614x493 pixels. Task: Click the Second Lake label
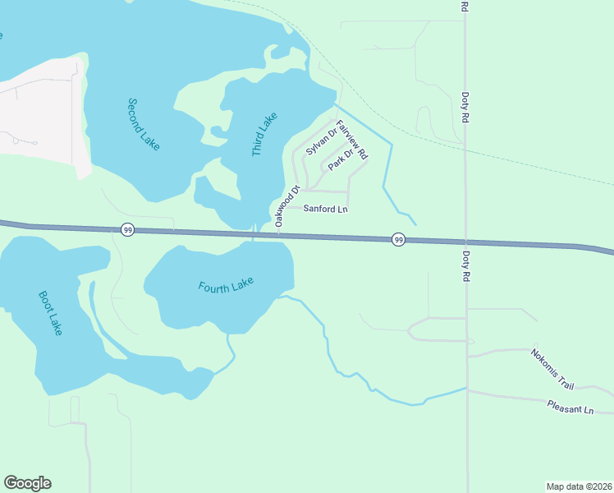[x=143, y=124]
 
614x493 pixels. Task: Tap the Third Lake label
[x=264, y=135]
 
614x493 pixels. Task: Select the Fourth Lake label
[x=226, y=285]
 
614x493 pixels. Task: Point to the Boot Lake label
[x=51, y=312]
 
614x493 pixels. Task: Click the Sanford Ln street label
[x=326, y=210]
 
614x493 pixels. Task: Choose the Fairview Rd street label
[x=352, y=139]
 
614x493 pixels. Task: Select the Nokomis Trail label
[x=552, y=368]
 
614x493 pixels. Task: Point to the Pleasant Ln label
[x=570, y=407]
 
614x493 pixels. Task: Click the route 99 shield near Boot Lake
[x=127, y=230]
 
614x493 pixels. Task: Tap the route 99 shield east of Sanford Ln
[x=398, y=239]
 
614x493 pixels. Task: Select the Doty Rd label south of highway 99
[x=465, y=266]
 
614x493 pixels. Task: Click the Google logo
[x=27, y=483]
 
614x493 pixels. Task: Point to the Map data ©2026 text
[x=579, y=486]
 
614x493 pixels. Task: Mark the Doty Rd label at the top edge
[x=465, y=7]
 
